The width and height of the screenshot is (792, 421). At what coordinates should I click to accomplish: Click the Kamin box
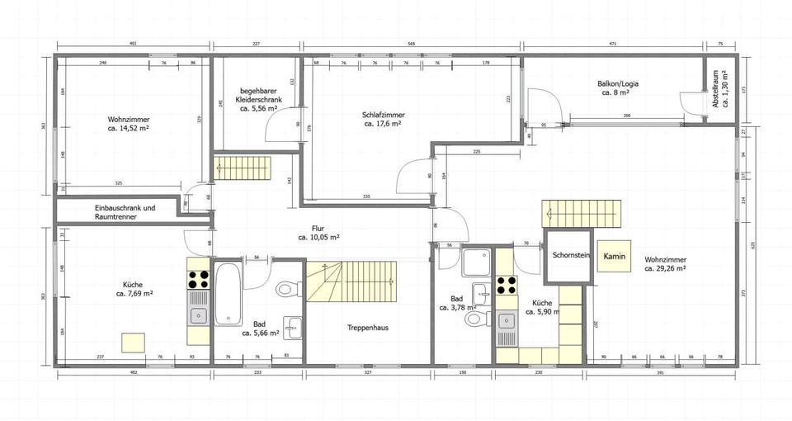[x=614, y=257]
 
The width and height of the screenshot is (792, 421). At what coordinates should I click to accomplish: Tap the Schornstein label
[x=570, y=256]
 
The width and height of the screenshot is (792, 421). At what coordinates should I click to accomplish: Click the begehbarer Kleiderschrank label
[x=261, y=99]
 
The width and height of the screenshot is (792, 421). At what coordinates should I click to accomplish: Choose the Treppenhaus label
[x=367, y=328]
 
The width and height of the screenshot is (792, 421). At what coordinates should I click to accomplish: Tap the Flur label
[x=318, y=232]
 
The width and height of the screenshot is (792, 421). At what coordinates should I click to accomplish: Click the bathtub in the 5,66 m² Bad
[x=229, y=293]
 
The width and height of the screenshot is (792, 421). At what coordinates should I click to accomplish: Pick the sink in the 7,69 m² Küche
[x=198, y=315]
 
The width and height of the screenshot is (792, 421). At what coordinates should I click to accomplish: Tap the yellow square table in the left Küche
[x=133, y=343]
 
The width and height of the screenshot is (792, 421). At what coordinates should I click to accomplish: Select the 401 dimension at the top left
[x=133, y=42]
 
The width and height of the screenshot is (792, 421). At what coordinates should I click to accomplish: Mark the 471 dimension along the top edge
[x=613, y=42]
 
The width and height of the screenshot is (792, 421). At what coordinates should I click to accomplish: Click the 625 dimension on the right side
[x=752, y=244]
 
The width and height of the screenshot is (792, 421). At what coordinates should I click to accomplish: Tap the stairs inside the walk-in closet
[x=233, y=169]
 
